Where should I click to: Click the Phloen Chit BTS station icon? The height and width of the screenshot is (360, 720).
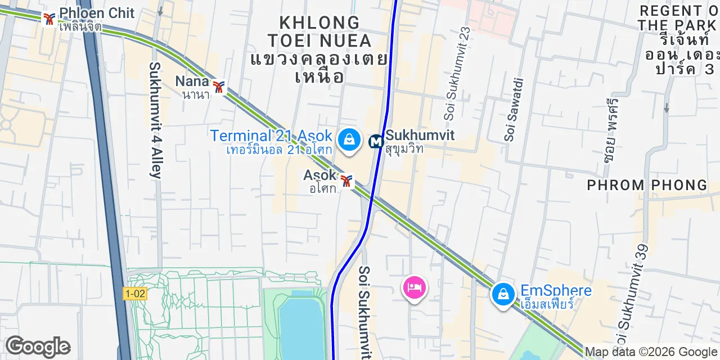pyautogui.click(x=49, y=19)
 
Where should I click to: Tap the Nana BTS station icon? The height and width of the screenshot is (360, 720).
pyautogui.click(x=219, y=87)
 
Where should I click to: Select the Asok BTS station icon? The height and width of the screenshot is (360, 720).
pyautogui.click(x=346, y=181)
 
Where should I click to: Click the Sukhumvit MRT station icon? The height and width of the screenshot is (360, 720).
pyautogui.click(x=375, y=142)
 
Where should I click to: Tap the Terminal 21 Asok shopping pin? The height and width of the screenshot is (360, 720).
pyautogui.click(x=349, y=139)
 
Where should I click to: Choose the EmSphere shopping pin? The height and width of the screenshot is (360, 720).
pyautogui.click(x=503, y=294)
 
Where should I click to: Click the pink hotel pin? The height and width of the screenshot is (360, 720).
pyautogui.click(x=414, y=288)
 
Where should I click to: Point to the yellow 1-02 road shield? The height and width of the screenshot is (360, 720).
pyautogui.click(x=135, y=293)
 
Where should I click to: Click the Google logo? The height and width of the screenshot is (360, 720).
pyautogui.click(x=38, y=346)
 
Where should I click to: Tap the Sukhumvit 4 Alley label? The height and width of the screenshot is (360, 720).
pyautogui.click(x=156, y=120)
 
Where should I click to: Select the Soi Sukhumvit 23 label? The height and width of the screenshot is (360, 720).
pyautogui.click(x=457, y=73)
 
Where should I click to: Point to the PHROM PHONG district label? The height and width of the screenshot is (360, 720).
pyautogui.click(x=647, y=185)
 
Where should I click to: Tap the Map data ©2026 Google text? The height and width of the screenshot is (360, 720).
pyautogui.click(x=651, y=352)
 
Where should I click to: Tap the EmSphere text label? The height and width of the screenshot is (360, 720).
pyautogui.click(x=556, y=291)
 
